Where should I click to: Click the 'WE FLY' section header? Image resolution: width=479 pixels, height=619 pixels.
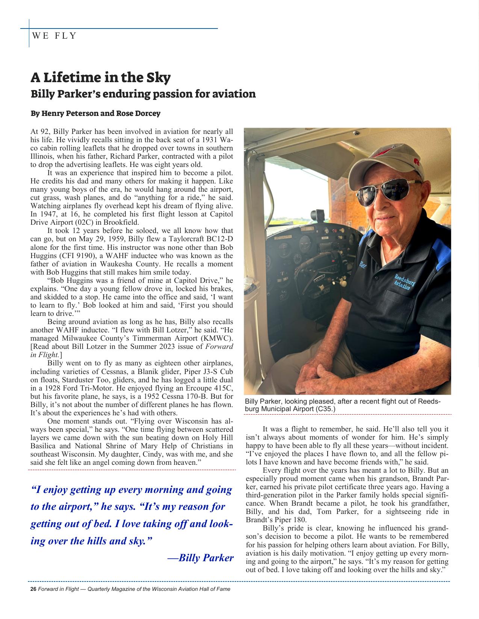point(54,36)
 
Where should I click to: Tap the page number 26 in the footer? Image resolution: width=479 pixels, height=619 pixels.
point(33,589)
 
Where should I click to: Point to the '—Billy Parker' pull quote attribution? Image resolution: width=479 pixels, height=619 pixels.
point(201,558)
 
